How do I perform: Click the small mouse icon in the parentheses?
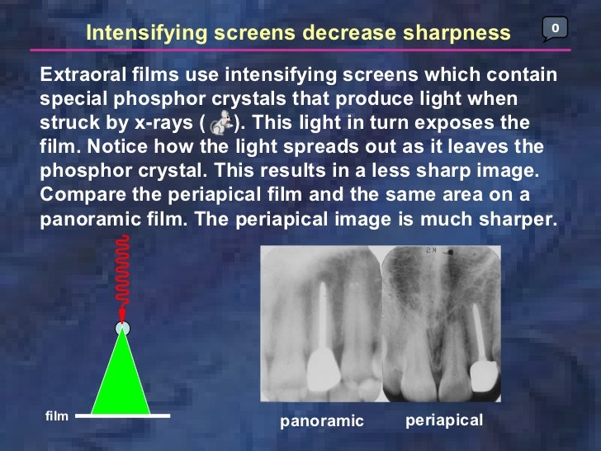[220, 124]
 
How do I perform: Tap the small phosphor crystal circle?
[122, 328]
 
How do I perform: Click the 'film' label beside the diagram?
[56, 415]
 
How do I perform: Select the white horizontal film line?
[124, 415]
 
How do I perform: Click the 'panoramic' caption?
[322, 421]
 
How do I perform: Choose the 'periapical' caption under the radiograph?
[444, 420]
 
